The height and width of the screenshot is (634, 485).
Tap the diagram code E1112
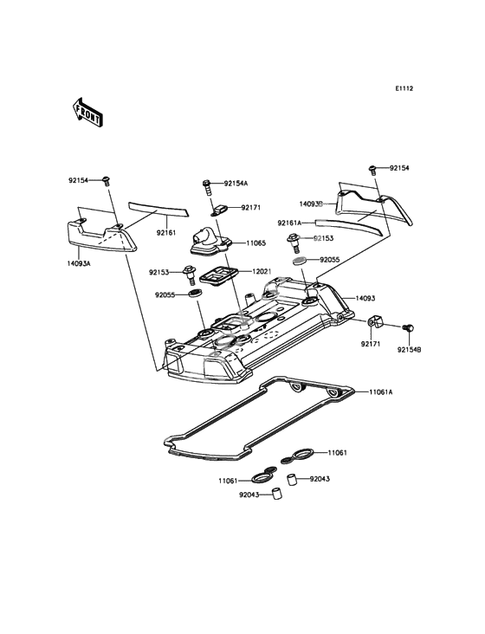pyautogui.click(x=404, y=88)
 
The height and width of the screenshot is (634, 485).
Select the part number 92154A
pyautogui.click(x=236, y=183)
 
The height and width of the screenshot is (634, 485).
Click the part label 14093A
pyautogui.click(x=79, y=263)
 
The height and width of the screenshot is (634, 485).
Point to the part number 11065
pyautogui.click(x=255, y=243)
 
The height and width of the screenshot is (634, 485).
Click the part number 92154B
pyautogui.click(x=409, y=350)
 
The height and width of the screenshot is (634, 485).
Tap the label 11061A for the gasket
pyautogui.click(x=381, y=391)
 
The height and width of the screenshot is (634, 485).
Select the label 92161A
pyautogui.click(x=289, y=223)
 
